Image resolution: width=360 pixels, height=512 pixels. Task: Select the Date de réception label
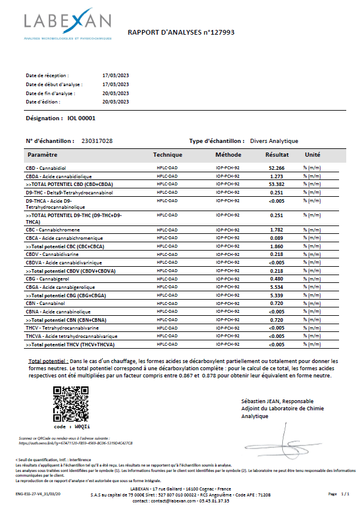point(47,75)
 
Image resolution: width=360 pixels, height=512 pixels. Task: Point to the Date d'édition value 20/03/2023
point(116,102)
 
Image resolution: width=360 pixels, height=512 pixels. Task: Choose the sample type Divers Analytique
point(274,141)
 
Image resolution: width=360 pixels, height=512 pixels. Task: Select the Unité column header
point(313,154)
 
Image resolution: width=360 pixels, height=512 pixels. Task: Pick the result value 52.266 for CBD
point(276,168)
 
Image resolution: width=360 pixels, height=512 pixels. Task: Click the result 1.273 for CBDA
point(276,176)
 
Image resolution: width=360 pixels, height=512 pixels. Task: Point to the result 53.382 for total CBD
point(276,184)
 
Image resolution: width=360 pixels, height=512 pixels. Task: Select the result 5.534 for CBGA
point(276,287)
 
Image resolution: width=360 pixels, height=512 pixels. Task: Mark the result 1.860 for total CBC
point(276,246)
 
